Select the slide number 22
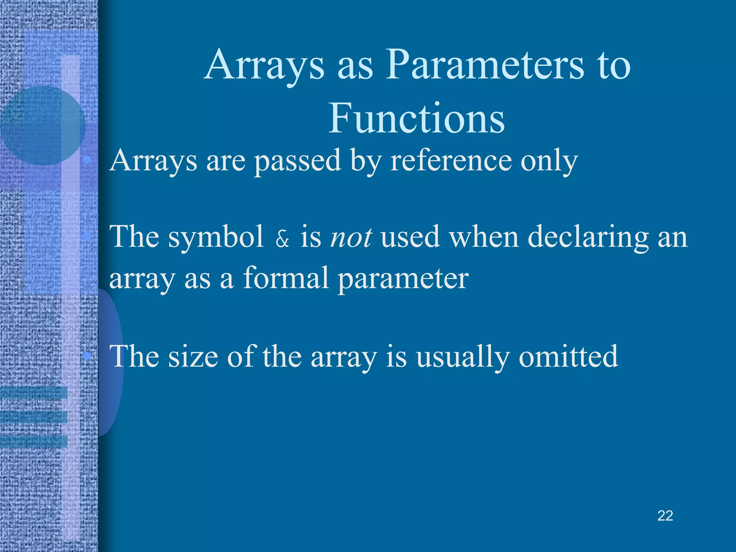(x=665, y=516)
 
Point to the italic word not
(x=351, y=238)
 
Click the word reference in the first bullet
(x=451, y=161)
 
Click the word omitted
(x=568, y=356)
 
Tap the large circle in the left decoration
(x=42, y=126)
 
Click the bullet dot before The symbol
(x=86, y=236)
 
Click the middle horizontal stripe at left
(x=34, y=417)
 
